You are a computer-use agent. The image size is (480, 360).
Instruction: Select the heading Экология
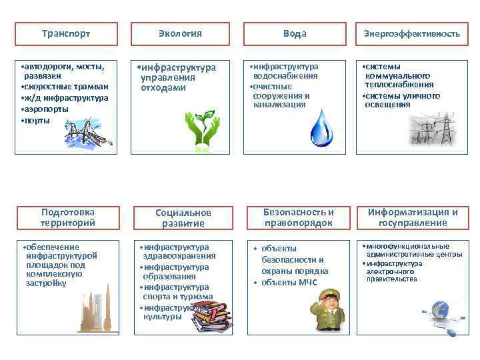[180, 33]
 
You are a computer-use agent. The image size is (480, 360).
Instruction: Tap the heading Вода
[294, 33]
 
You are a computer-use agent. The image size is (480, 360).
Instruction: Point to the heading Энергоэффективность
[411, 33]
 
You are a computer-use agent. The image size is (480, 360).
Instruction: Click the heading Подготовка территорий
[67, 217]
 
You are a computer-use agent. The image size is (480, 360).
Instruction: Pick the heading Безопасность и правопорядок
[299, 217]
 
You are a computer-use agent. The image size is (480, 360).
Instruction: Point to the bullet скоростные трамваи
[65, 87]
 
